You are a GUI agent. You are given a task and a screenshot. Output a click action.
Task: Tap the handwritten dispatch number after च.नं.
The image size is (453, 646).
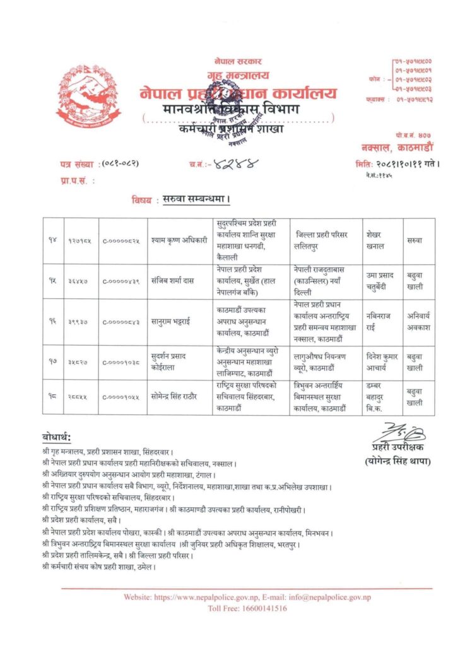226,165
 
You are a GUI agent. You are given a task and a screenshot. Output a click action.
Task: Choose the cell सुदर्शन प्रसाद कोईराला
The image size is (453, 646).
176,363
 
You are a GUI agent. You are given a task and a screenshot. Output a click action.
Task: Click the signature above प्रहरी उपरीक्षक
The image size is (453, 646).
398,434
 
